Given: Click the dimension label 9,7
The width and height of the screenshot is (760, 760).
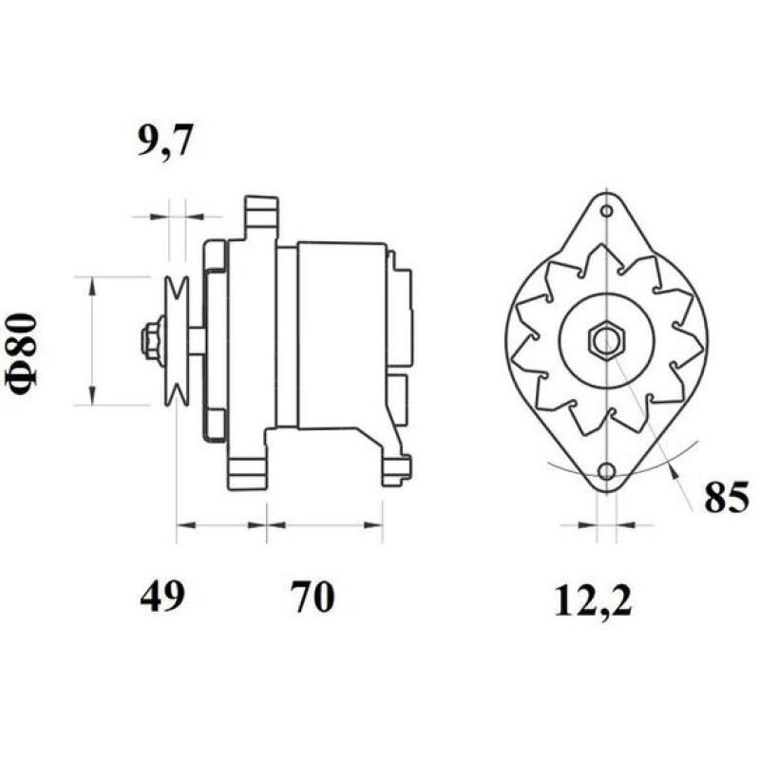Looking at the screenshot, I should pyautogui.click(x=165, y=142).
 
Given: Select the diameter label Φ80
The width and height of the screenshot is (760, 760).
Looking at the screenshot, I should pyautogui.click(x=25, y=350).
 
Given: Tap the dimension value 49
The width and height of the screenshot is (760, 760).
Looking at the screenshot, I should pyautogui.click(x=161, y=598).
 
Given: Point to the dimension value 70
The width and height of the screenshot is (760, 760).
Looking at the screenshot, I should pyautogui.click(x=313, y=598).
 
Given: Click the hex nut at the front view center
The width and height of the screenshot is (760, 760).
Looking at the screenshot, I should pyautogui.click(x=605, y=339).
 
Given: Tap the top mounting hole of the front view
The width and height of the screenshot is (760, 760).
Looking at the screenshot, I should pyautogui.click(x=606, y=210).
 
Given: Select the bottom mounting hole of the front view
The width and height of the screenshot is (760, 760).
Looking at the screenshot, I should pyautogui.click(x=606, y=471).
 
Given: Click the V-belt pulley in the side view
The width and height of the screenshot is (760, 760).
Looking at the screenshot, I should pyautogui.click(x=176, y=339).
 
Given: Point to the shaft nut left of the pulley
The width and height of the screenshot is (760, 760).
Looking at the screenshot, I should pyautogui.click(x=150, y=339).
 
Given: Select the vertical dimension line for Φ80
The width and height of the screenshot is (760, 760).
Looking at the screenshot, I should pyautogui.click(x=92, y=340).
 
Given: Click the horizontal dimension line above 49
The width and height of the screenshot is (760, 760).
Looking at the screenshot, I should pyautogui.click(x=221, y=523).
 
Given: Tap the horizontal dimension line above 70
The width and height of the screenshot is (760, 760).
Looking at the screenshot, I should pyautogui.click(x=325, y=523).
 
